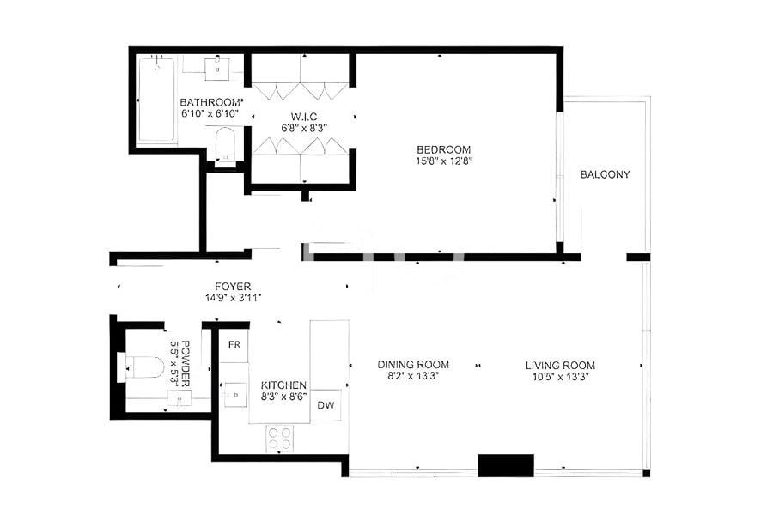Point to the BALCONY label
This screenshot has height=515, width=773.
tap(605, 175)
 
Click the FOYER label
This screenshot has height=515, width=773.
tap(233, 286)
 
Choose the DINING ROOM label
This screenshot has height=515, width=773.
tap(413, 365)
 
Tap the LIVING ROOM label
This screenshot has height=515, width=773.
tap(560, 365)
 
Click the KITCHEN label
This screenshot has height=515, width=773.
tap(284, 385)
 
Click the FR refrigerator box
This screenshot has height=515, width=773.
tap(233, 345)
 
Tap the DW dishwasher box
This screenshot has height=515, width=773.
tap(326, 405)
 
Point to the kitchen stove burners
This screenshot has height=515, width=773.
tap(279, 438)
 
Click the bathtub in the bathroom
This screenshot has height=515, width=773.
tap(156, 100)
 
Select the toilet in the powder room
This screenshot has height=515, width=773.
tap(143, 369)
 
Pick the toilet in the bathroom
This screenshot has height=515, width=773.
tap(224, 144)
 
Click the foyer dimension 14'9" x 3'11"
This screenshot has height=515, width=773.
tap(233, 298)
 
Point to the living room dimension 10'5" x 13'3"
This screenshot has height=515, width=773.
tap(560, 377)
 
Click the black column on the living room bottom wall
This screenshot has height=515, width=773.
tap(506, 465)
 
